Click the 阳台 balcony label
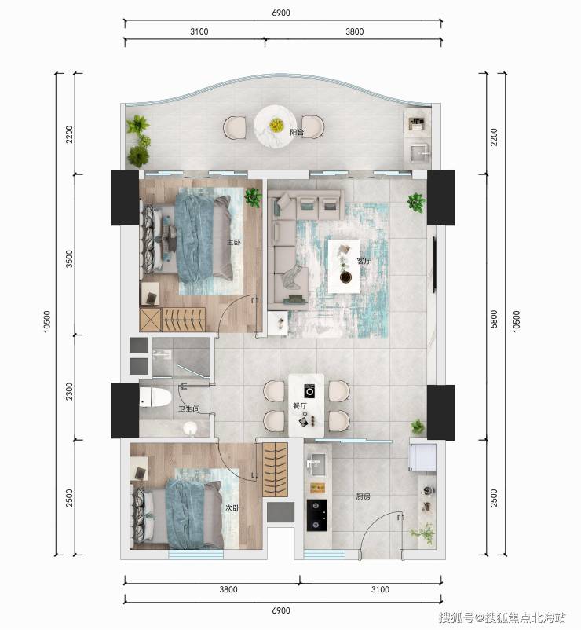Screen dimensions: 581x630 coord(297,132)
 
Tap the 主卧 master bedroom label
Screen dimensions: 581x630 coord(234,242)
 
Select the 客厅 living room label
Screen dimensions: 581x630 coord(364,261)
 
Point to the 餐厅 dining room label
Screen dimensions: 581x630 coord(300,406)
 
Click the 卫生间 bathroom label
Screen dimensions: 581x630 coord(188,408)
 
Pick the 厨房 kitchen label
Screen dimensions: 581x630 coord(363,496)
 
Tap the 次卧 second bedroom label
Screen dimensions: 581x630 coord(232,508)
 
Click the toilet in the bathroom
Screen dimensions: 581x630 coord(155,397)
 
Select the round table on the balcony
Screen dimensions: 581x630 coord(276,126)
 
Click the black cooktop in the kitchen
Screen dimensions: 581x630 coord(316,515)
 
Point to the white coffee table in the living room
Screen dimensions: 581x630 coord(344,266)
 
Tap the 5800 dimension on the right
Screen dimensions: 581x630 coord(494,319)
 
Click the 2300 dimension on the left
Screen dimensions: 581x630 coord(70,391)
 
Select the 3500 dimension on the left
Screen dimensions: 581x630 coord(70,258)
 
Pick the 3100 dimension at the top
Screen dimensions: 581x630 coord(199,31)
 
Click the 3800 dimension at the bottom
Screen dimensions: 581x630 coord(228,589)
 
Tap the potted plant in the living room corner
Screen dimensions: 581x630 coord(416,202)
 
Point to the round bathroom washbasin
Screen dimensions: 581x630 coord(190,429)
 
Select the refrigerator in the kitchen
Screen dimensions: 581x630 coord(422,457)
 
